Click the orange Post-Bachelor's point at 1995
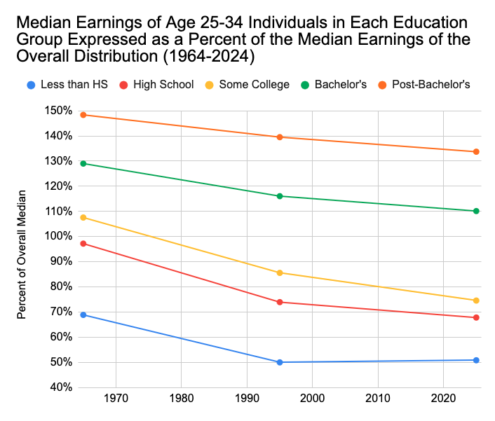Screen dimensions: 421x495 point(280,137)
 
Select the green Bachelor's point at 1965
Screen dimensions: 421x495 point(83,163)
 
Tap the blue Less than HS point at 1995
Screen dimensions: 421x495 point(280,362)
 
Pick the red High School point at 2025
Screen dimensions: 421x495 point(476,317)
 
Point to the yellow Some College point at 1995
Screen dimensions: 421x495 point(280,272)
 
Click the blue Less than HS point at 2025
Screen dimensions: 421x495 point(476,360)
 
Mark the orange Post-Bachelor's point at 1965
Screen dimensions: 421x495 point(83,115)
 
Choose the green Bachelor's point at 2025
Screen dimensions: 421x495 point(476,211)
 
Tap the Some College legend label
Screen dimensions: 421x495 point(254,85)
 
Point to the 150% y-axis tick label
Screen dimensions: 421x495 point(57,111)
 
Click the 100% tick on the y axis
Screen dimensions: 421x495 point(57,236)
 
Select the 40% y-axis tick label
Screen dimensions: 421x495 point(58,387)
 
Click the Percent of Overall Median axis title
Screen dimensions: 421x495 point(22,254)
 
